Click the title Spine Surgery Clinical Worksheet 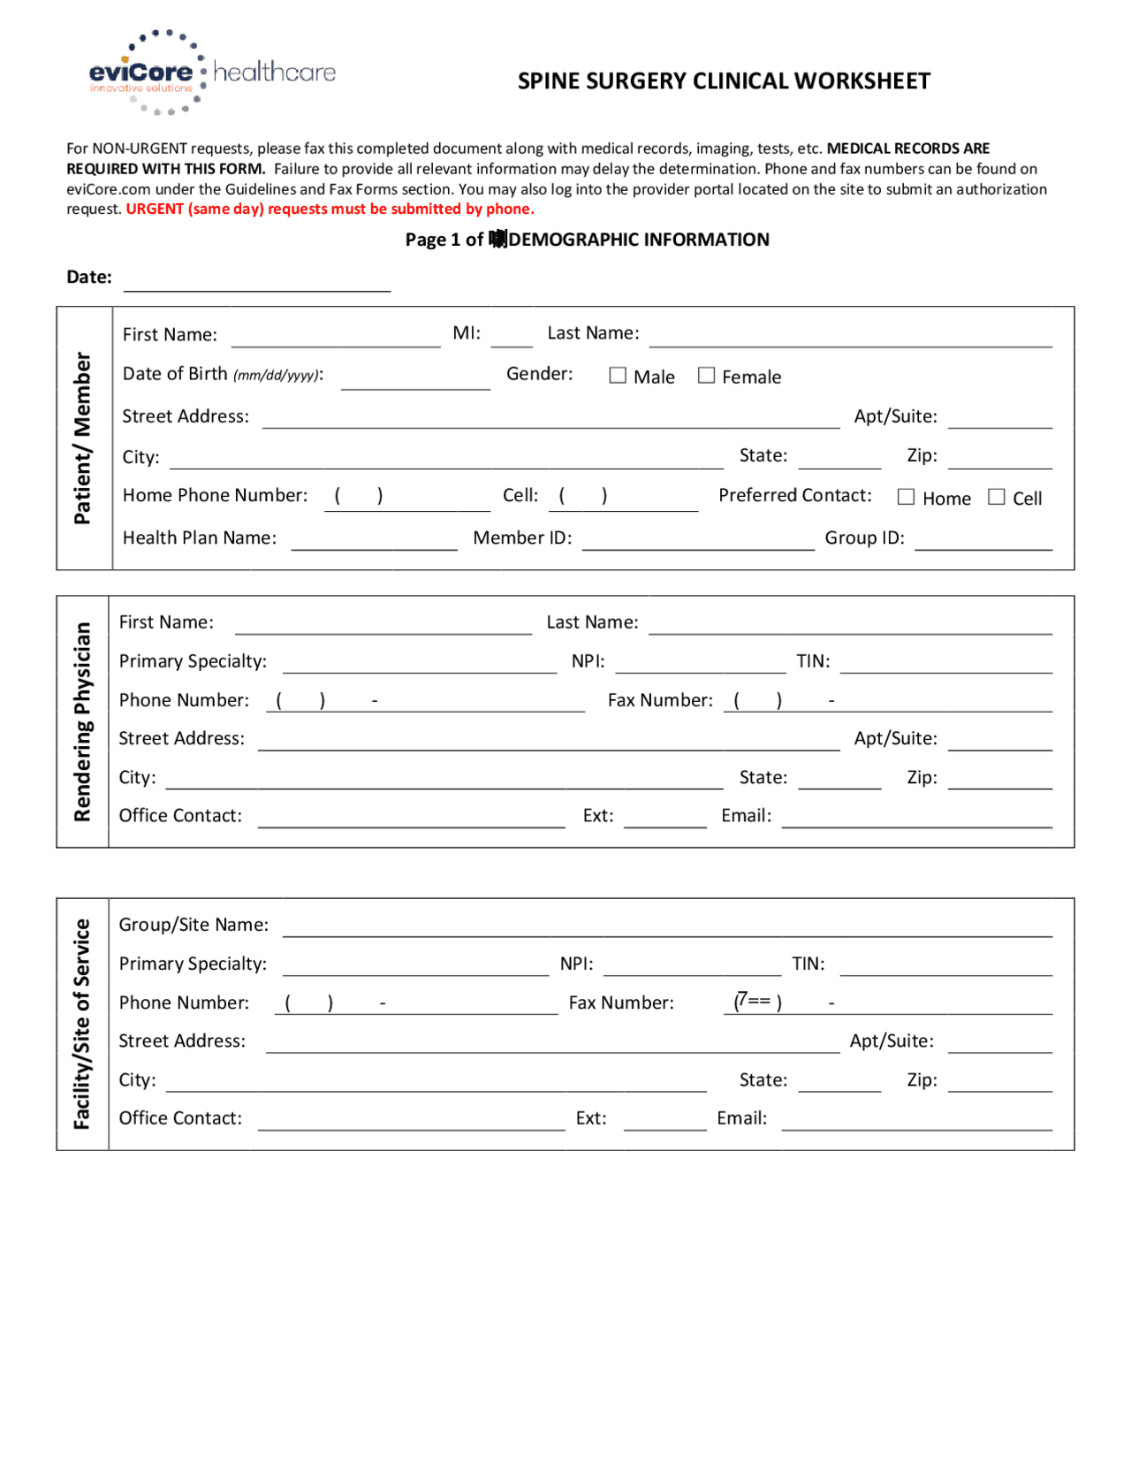723,81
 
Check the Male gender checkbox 618,376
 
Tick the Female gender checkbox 706,376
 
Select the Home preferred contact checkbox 906,497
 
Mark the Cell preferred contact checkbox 997,497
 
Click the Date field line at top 256,281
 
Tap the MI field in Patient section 511,337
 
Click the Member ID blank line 697,540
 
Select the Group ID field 983,540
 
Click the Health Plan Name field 374,540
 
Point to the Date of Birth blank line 415,378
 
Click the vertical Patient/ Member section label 83,438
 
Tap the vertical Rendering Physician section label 82,721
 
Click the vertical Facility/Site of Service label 82,1024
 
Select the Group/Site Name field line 667,926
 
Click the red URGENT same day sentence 330,210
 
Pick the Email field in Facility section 916,1120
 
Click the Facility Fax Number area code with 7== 757,1002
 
